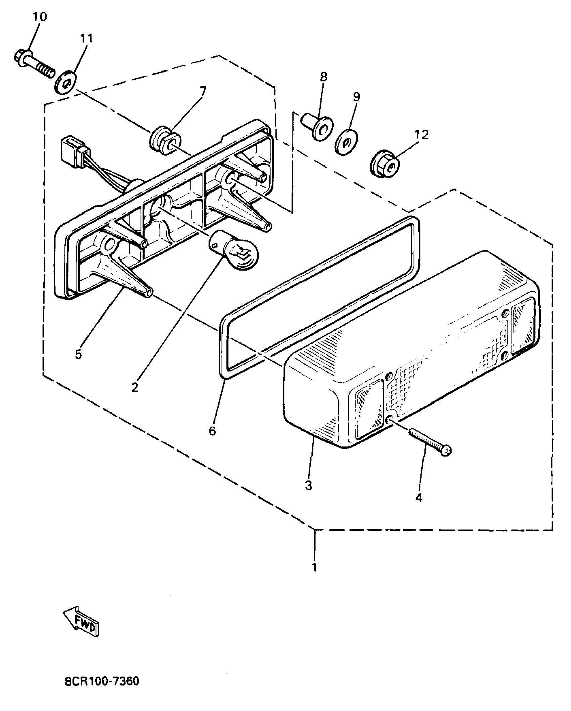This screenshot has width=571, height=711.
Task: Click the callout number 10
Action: tap(40, 17)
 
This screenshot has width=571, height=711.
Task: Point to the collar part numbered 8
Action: tap(317, 127)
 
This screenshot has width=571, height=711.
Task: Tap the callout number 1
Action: tap(314, 567)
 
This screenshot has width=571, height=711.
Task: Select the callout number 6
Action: tap(212, 431)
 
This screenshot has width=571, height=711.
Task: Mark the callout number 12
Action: tap(422, 135)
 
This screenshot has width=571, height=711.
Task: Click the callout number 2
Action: tap(135, 387)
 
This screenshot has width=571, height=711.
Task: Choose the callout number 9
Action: tap(356, 97)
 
